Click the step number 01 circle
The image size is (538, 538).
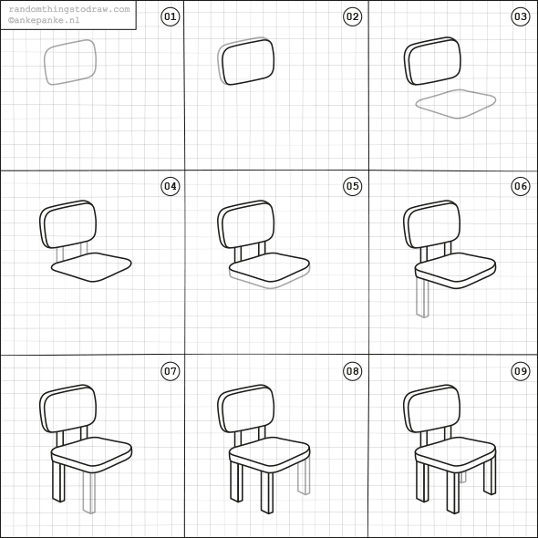pos(171,16)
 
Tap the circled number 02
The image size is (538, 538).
pos(352,16)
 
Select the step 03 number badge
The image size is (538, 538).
pos(521,16)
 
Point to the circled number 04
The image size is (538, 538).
pos(171,186)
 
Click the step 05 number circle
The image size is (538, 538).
pos(352,186)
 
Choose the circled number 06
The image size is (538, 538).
pos(521,186)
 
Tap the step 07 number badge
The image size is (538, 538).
pos(171,371)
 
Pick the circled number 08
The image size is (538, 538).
pos(352,371)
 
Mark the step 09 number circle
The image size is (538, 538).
pos(521,371)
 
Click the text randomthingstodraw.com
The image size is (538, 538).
pos(69,9)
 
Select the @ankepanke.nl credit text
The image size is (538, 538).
pos(44,20)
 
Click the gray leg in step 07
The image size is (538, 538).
pos(89,492)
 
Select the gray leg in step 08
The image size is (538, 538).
pos(304,476)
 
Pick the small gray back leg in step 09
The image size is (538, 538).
pos(463,477)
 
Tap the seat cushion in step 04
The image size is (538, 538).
pos(91,267)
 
